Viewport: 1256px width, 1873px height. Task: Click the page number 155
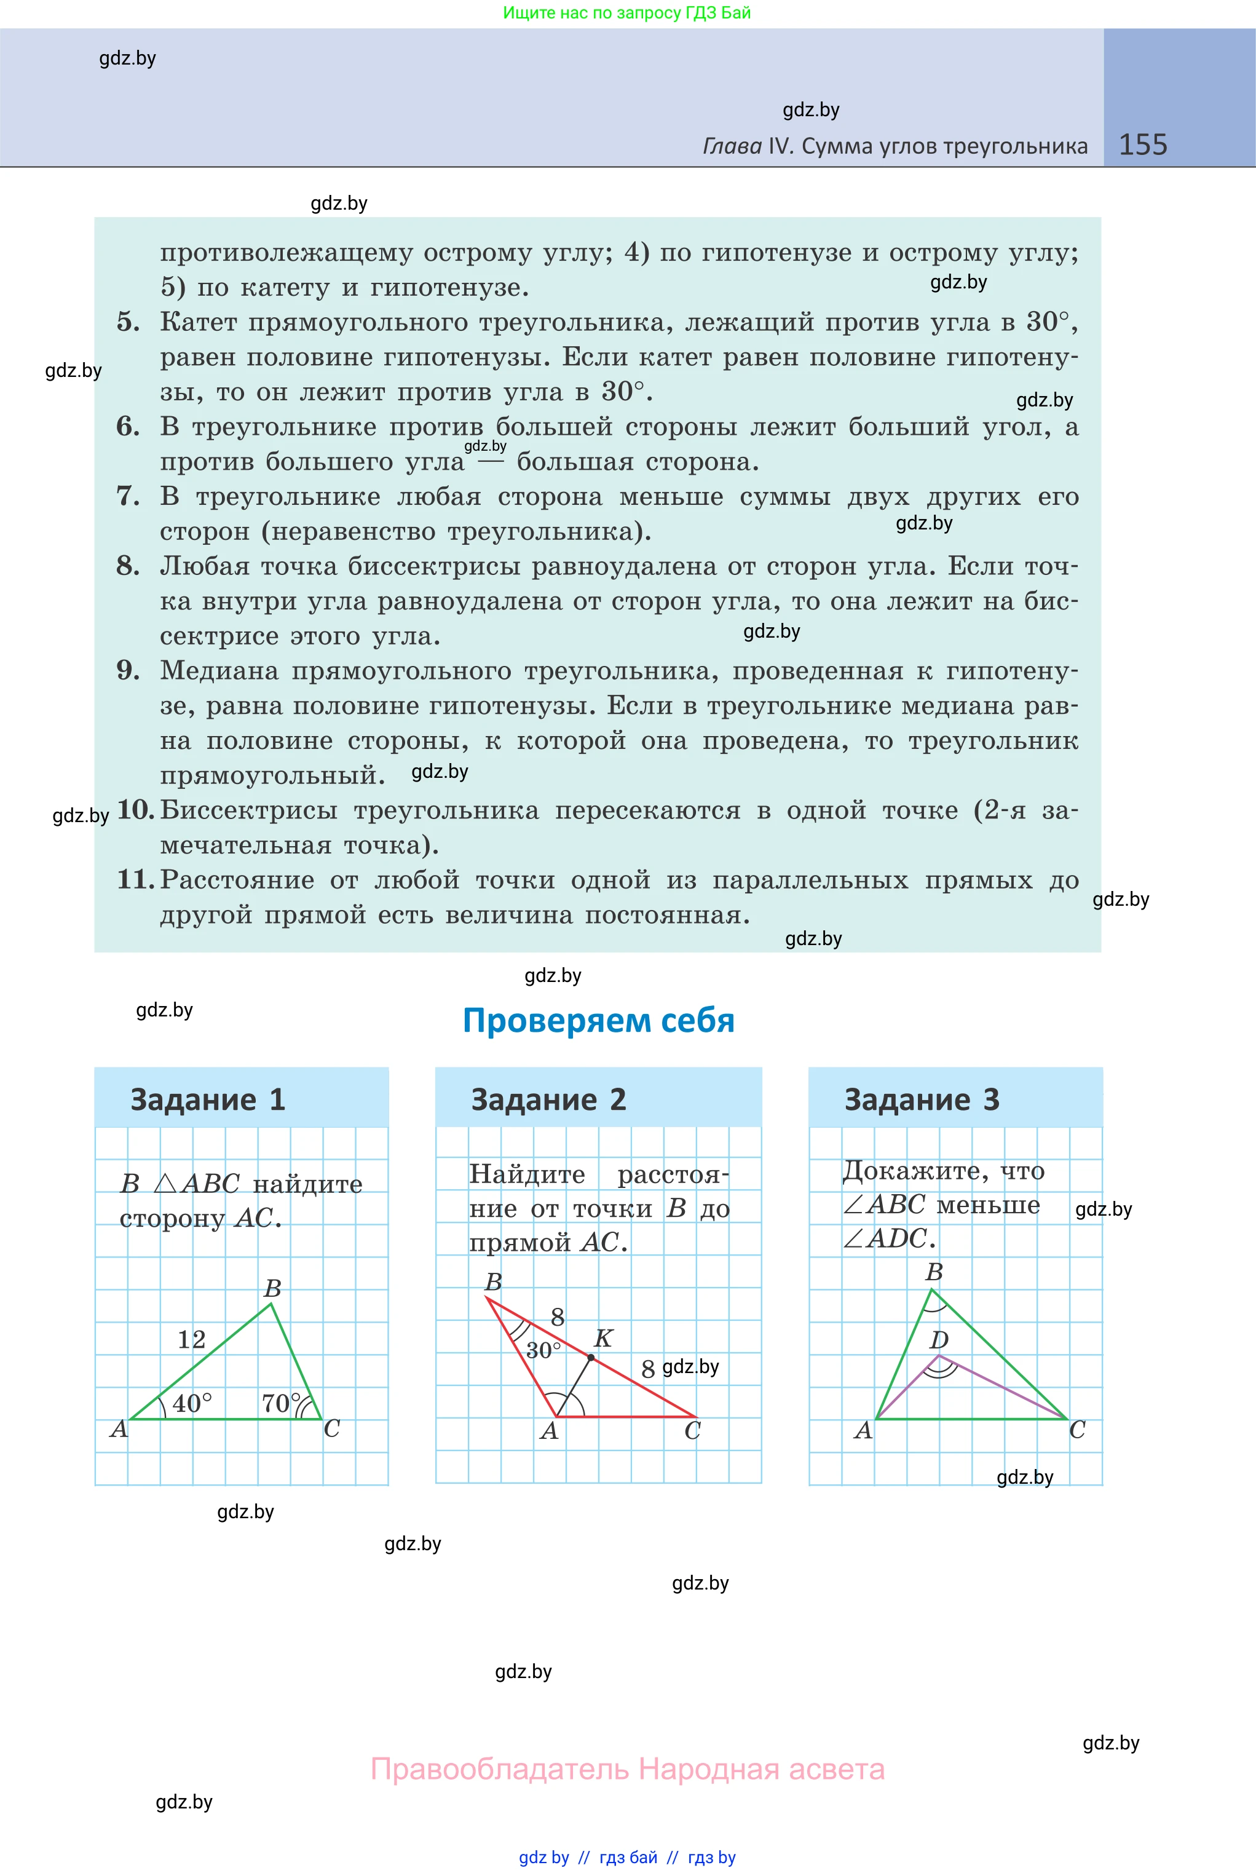(1142, 145)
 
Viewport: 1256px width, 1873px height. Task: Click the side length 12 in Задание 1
(191, 1339)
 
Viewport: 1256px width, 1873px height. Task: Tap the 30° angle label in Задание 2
(543, 1351)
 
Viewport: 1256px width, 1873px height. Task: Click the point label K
(603, 1338)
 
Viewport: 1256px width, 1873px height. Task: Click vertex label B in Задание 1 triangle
(272, 1288)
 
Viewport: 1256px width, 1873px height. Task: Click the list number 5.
(127, 322)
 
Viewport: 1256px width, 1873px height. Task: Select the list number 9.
(127, 670)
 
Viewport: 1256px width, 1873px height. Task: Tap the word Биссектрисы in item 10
(248, 810)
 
